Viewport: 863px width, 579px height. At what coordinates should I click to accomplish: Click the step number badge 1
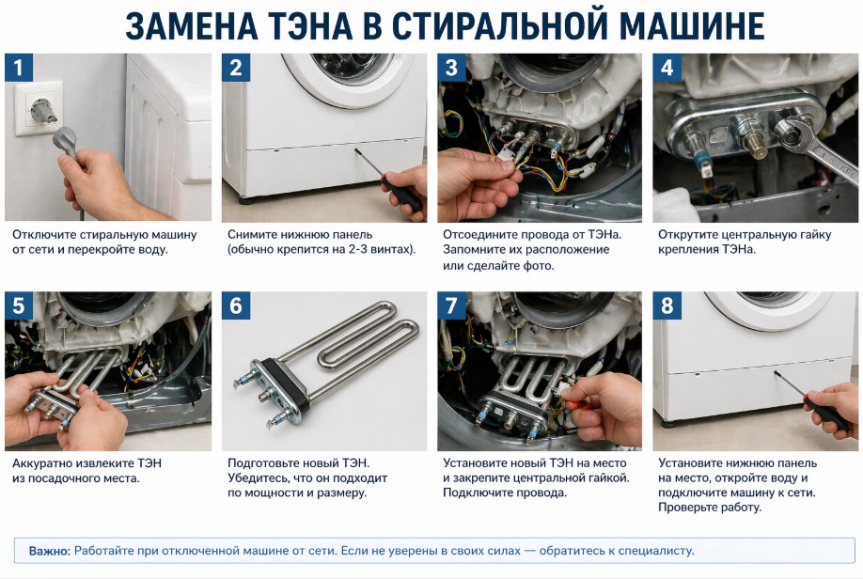coord(19,68)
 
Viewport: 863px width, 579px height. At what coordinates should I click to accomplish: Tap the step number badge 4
coord(667,68)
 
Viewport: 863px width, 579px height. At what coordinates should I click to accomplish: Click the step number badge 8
coord(667,305)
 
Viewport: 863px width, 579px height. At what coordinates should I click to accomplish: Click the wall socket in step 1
coord(39,108)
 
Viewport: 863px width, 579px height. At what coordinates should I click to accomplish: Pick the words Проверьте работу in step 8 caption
coord(710,508)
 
